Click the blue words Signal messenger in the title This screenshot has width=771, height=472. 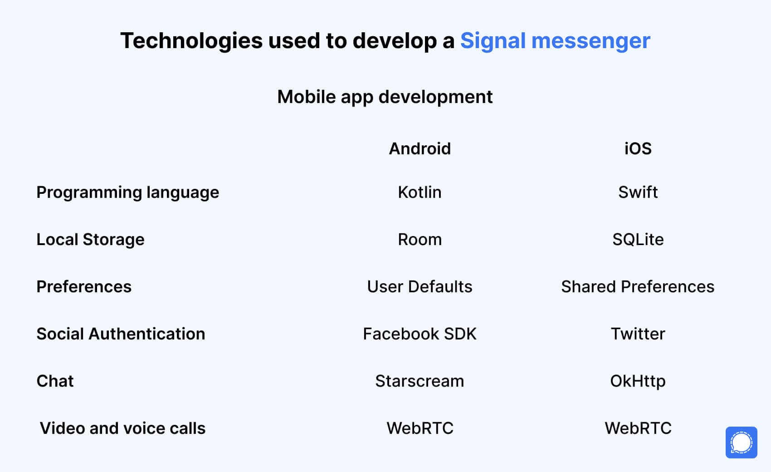[555, 41]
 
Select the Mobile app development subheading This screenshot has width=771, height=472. [385, 97]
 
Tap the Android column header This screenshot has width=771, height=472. [420, 149]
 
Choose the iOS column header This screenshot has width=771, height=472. [638, 149]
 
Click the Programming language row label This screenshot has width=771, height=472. [128, 192]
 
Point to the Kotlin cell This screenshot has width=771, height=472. [420, 192]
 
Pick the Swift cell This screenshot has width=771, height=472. [638, 192]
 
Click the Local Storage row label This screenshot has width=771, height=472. [91, 240]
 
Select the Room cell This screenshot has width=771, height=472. [420, 240]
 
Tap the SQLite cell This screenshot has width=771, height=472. [638, 240]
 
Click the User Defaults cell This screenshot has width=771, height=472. [420, 287]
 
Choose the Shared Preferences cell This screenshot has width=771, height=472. [638, 287]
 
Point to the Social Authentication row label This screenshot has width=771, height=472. [121, 334]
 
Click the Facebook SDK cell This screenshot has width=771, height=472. [420, 334]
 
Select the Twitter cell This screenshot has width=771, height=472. [638, 334]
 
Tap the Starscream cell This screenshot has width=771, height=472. [420, 381]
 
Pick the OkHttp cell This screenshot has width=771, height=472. [638, 381]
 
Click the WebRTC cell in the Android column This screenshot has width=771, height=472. [420, 428]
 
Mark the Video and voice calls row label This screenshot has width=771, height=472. [122, 428]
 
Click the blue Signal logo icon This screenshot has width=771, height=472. [742, 442]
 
